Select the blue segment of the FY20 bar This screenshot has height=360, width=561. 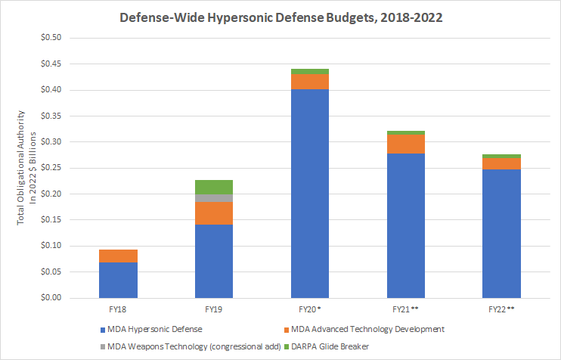tap(309, 194)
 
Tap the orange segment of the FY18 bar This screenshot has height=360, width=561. tap(118, 256)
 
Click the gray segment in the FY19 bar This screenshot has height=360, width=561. tap(213, 198)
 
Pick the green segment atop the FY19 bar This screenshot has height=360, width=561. tap(213, 187)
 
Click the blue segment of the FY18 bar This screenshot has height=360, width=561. tap(118, 280)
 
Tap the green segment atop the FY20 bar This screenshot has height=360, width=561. tap(309, 71)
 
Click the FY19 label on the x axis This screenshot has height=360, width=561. tap(213, 309)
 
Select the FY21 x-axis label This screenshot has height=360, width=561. tap(405, 309)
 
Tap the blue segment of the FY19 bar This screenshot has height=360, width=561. tap(213, 261)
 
